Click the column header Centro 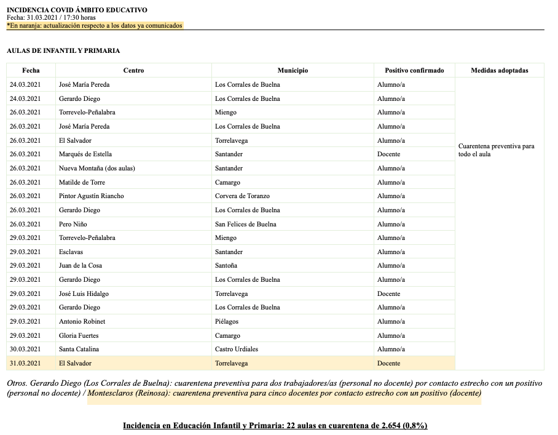[x=133, y=71]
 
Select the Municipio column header [x=293, y=71]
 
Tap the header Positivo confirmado [x=414, y=71]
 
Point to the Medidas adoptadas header [x=499, y=71]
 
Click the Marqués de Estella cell [x=85, y=154]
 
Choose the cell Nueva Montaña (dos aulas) [x=96, y=169]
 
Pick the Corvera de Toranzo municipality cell [x=242, y=196]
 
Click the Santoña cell [x=226, y=266]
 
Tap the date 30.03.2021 [x=25, y=349]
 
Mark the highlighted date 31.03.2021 [x=25, y=364]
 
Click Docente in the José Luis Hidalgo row [x=388, y=294]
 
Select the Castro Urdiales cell [x=237, y=349]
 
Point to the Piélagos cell [x=227, y=322]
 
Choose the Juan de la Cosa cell [x=81, y=266]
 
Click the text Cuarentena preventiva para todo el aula [x=496, y=150]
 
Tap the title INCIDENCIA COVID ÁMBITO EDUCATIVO [x=77, y=10]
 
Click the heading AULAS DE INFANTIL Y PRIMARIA [x=63, y=51]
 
